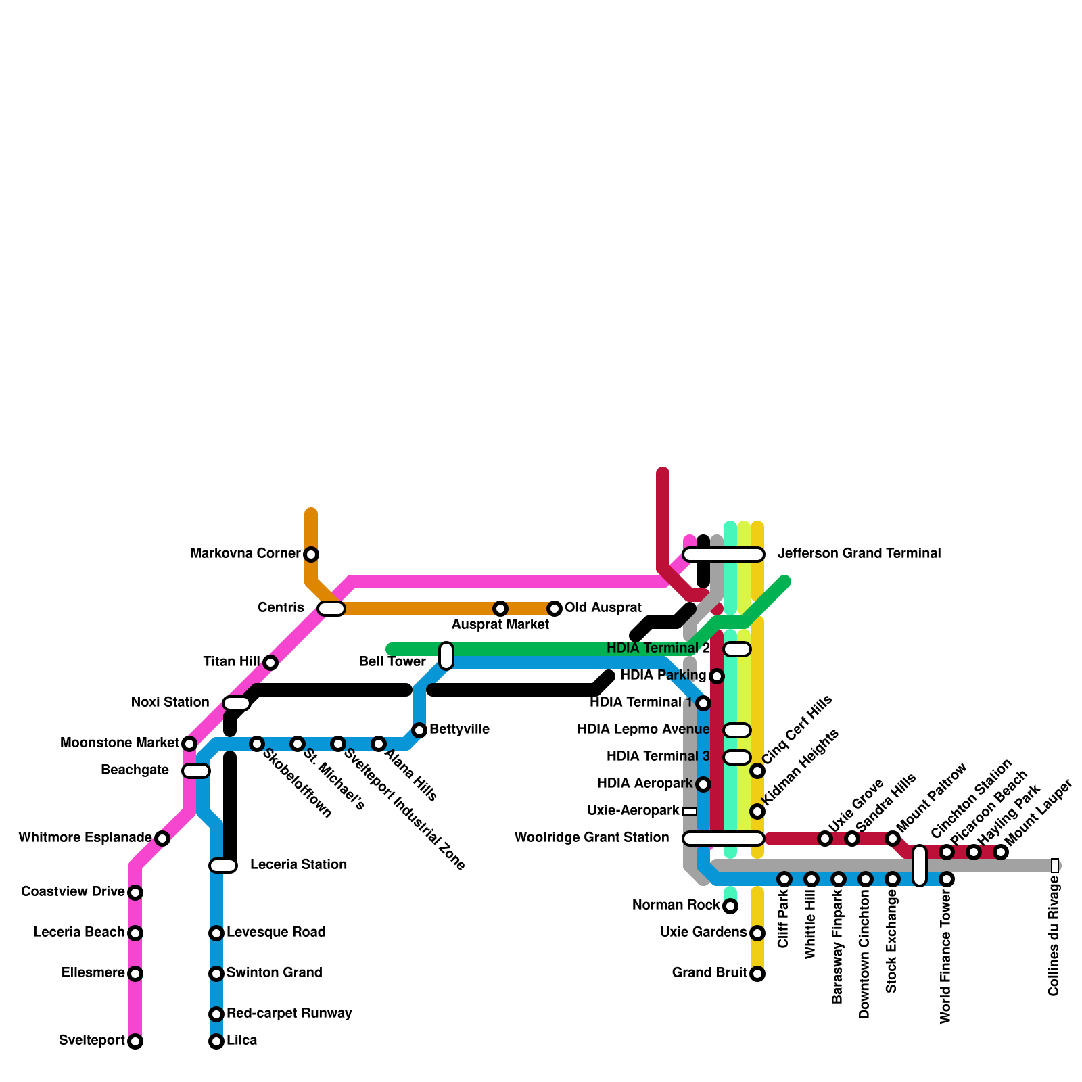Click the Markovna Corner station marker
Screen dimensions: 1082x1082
click(311, 555)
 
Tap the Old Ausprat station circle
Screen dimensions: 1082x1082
click(555, 609)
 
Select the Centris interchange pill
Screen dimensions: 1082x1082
click(331, 609)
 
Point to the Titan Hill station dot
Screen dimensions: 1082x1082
click(270, 663)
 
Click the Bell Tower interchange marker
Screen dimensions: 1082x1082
click(446, 656)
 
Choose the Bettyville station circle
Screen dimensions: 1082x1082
click(419, 730)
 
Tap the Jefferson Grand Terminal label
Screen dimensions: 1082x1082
click(859, 554)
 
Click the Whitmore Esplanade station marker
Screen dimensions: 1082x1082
click(162, 839)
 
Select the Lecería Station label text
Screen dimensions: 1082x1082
click(298, 865)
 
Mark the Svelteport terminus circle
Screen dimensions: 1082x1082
click(135, 1041)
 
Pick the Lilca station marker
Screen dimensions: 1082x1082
click(216, 1041)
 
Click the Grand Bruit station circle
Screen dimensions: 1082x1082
click(757, 974)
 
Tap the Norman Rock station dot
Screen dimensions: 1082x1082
click(730, 906)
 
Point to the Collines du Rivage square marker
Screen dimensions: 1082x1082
click(1055, 866)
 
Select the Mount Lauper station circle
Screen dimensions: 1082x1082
click(1001, 852)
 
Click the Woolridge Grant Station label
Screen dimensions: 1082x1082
click(592, 838)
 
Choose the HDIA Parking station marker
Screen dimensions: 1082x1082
click(717, 676)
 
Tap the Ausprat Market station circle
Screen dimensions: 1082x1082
click(500, 609)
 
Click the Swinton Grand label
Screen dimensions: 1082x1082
click(274, 973)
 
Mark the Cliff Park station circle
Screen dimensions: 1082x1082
click(784, 879)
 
